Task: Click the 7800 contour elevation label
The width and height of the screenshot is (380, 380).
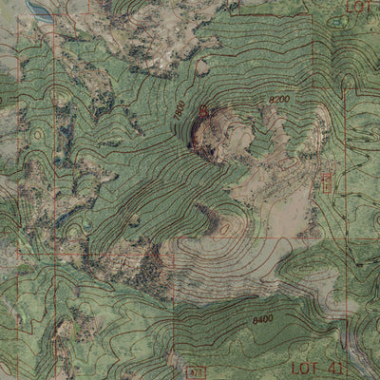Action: pos(179,111)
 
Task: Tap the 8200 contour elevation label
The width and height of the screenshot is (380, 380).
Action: pos(279,99)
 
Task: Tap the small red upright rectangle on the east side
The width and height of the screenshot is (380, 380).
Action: pos(330,178)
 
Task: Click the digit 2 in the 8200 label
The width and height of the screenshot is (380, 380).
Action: pos(275,99)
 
